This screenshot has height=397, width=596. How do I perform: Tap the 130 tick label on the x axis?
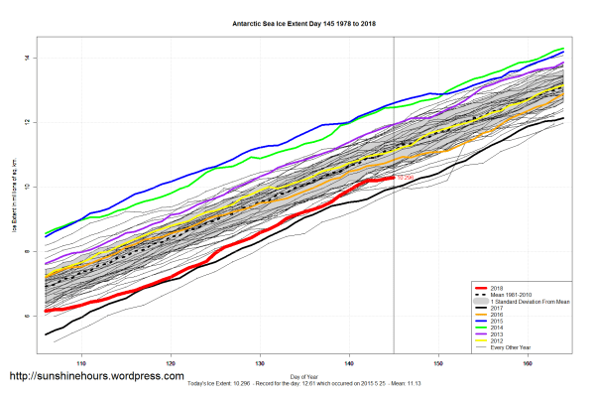(x=261, y=362)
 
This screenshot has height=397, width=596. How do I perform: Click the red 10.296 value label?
(x=404, y=178)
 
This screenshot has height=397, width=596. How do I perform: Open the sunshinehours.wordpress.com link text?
(x=95, y=377)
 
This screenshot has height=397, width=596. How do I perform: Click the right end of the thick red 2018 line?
(x=393, y=178)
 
